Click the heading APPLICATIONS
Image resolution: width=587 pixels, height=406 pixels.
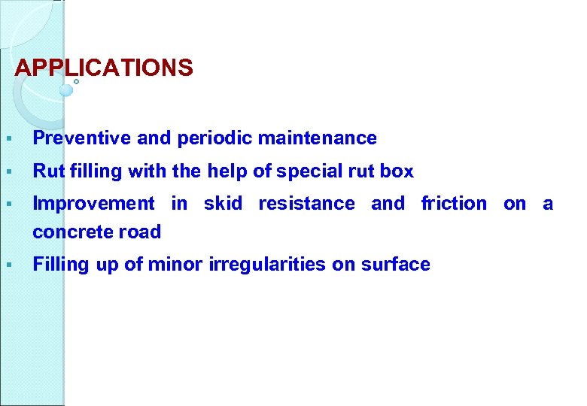[x=104, y=68]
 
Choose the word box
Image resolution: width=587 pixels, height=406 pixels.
[x=397, y=171]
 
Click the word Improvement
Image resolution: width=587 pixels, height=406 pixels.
[x=94, y=204]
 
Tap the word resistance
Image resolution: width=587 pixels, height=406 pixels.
[x=306, y=204]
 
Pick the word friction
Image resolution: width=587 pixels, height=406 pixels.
[x=454, y=204]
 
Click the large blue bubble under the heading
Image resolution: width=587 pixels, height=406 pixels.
[x=66, y=90]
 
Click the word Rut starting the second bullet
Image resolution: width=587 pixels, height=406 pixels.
[x=48, y=171]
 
